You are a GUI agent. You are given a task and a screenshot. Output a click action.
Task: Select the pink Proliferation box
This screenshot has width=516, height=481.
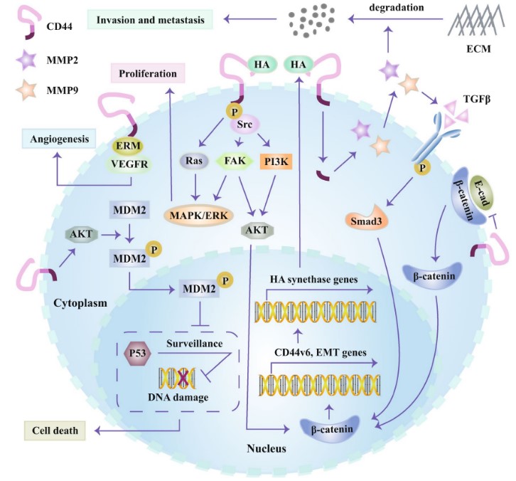pos(148,73)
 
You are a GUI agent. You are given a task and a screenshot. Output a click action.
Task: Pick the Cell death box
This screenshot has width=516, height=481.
pos(53,430)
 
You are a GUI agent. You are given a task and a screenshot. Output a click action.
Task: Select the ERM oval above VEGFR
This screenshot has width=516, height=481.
pos(129,145)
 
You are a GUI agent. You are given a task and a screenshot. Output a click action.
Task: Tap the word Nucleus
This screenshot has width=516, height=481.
pos(264,448)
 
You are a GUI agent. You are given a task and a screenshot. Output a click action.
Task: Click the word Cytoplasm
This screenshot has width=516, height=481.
pos(81,302)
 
